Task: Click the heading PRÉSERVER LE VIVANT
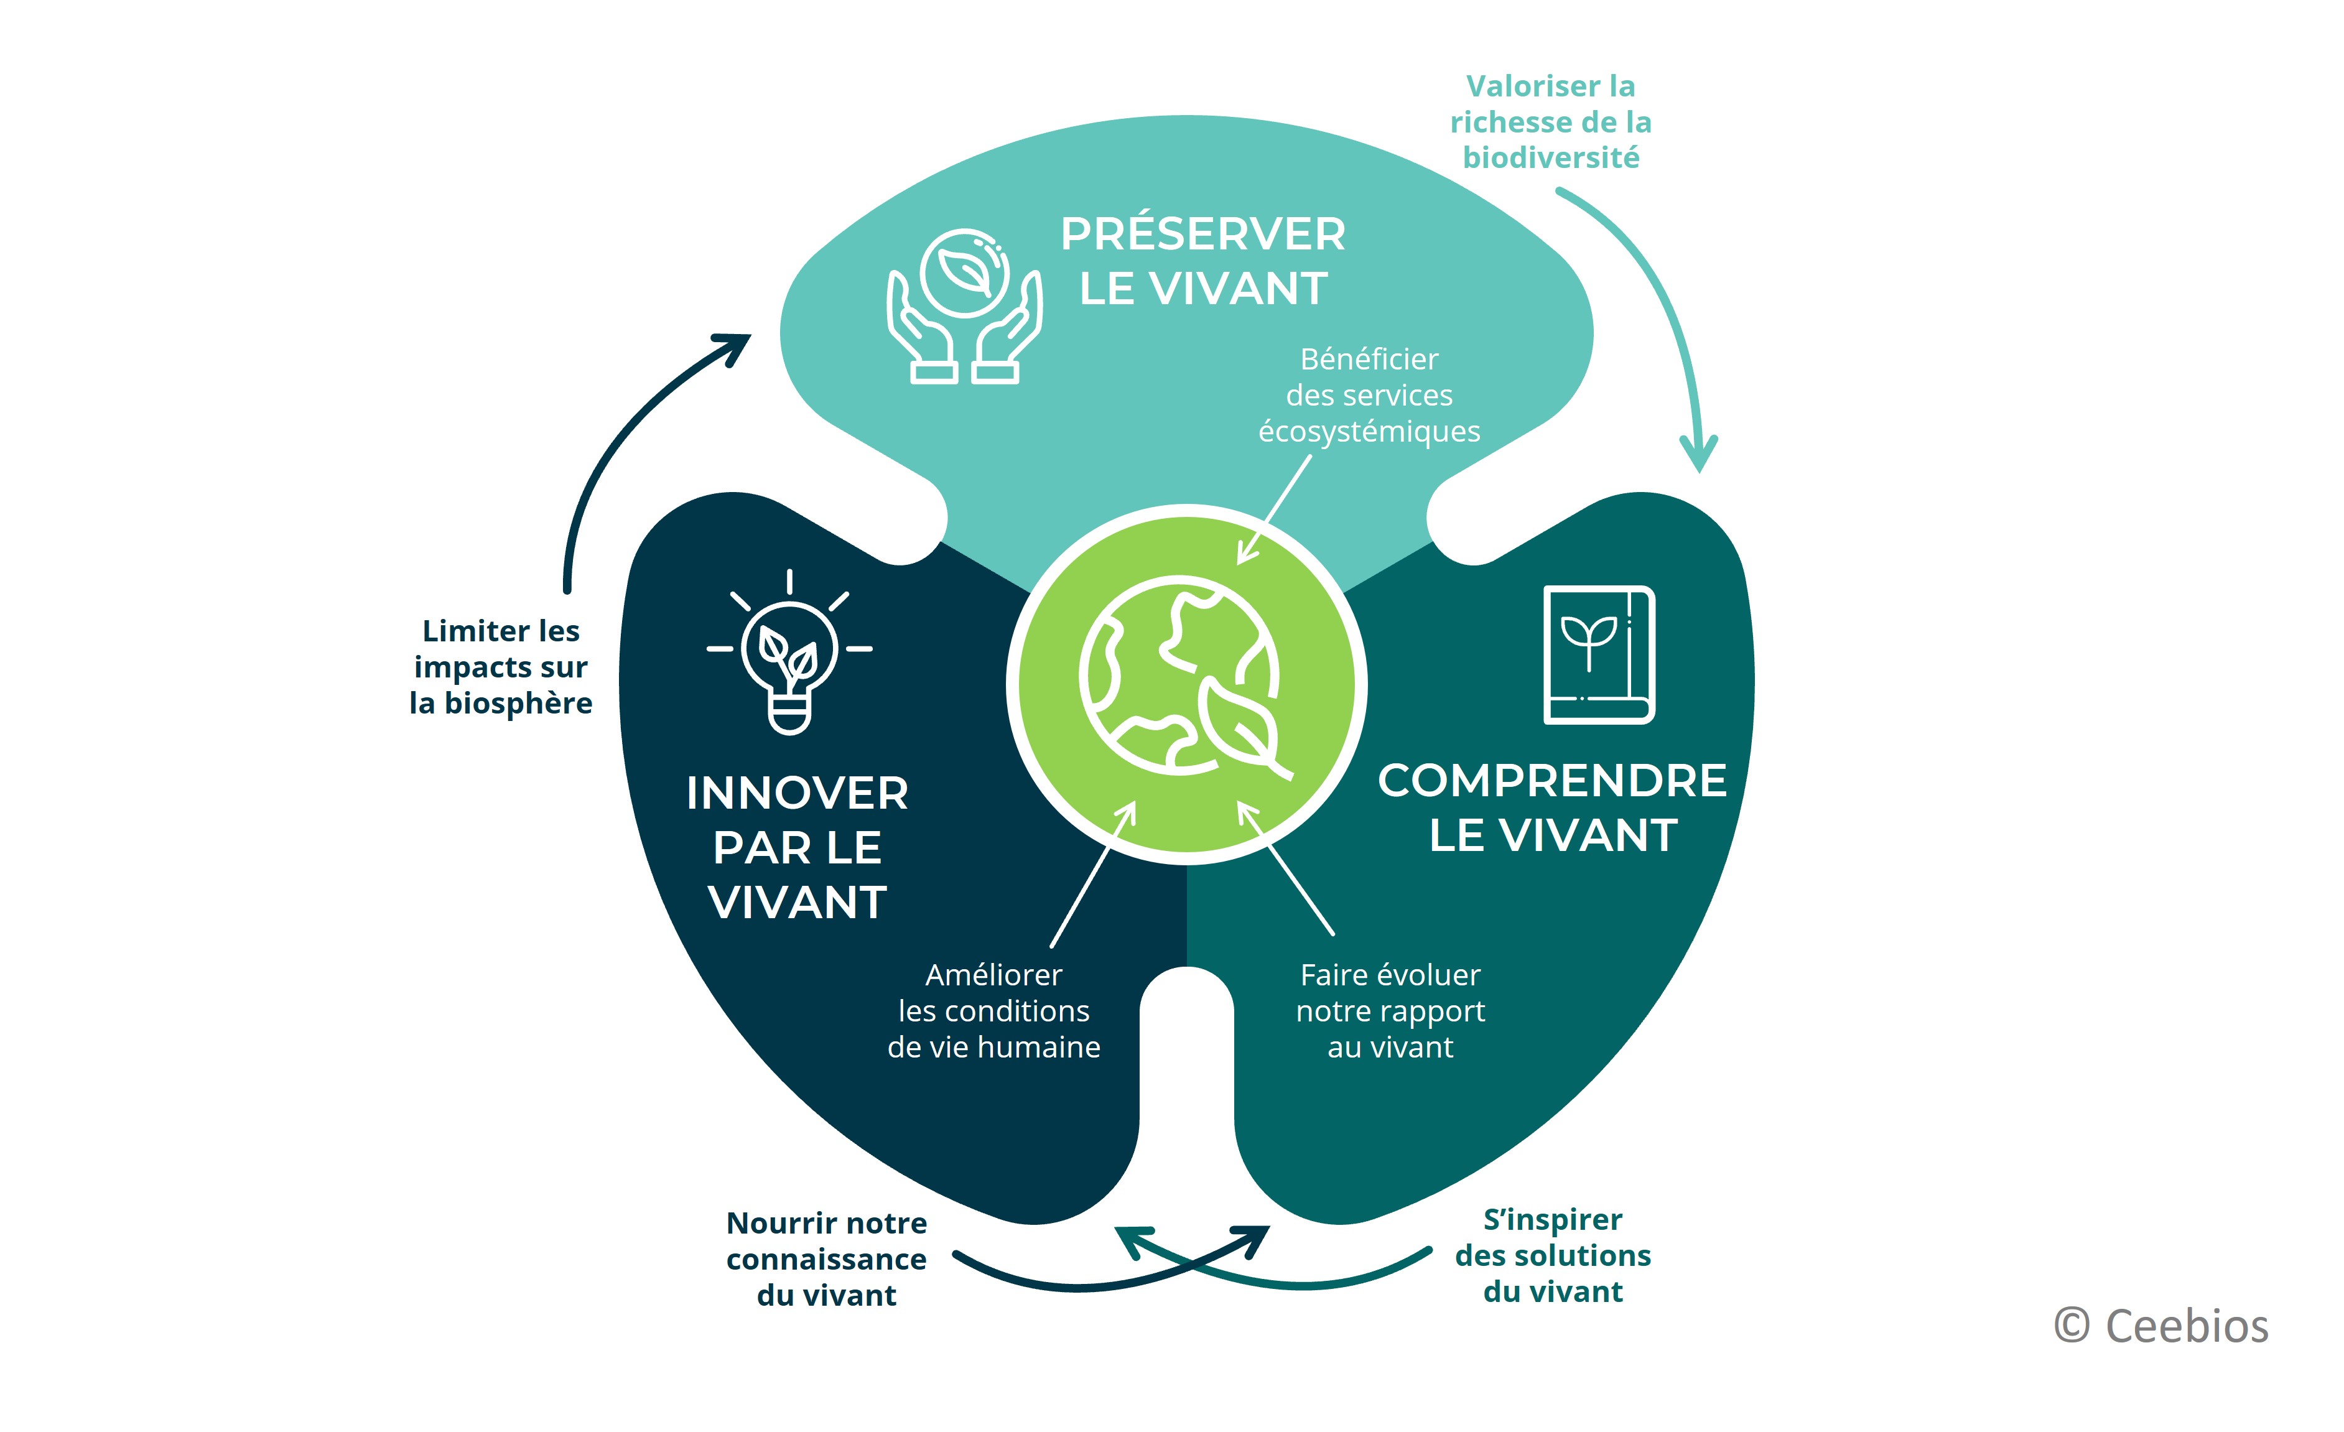[x=1202, y=261]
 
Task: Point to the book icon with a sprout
[x=1599, y=654]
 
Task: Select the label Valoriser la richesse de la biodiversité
[x=1551, y=122]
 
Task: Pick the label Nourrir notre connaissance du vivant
[x=827, y=1259]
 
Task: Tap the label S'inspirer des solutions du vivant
[x=1553, y=1255]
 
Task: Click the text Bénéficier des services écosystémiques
[x=1369, y=395]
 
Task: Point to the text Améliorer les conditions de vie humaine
[x=994, y=1010]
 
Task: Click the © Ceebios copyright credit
[x=2161, y=1326]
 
